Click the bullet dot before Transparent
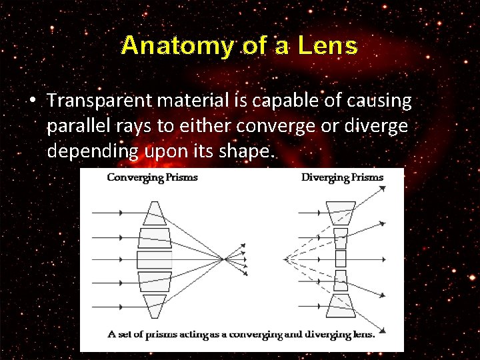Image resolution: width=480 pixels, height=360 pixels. coord(32,101)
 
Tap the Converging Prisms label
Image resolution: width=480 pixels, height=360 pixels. coord(152,177)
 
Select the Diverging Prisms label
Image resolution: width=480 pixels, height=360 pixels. coord(342,177)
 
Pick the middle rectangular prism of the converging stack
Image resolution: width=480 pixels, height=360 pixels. coord(155,259)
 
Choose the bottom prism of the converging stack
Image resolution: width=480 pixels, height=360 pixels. coord(155,306)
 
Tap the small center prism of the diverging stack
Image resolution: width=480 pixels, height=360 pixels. coord(341,259)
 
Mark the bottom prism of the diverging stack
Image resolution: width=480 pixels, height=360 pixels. coord(341,305)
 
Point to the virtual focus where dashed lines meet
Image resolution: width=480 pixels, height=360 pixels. coord(285,259)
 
